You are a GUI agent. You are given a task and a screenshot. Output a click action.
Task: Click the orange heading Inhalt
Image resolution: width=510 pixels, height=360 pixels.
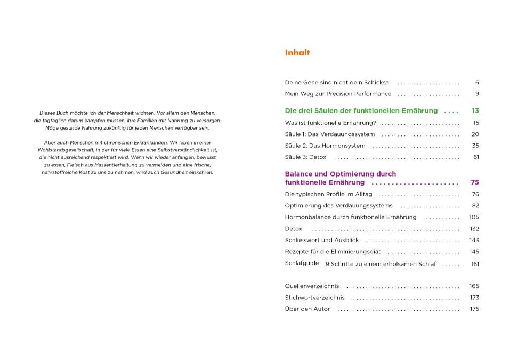click(297, 53)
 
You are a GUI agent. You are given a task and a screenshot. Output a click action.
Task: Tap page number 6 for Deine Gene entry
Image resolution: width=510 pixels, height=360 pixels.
click(477, 83)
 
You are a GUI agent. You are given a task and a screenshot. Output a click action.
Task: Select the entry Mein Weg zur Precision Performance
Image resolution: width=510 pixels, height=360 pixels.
click(338, 94)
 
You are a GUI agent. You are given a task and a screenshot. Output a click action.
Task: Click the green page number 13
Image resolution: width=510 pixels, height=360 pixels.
click(475, 111)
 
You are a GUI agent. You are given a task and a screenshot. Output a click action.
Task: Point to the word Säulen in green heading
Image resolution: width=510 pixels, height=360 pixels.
click(326, 111)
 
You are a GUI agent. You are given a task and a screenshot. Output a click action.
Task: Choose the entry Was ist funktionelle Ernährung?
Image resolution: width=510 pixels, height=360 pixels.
click(330, 123)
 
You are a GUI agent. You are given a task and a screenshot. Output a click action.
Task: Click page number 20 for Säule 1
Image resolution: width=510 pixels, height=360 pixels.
click(475, 134)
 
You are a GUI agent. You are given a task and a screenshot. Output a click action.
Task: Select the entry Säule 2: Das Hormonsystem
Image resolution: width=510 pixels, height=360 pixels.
click(325, 146)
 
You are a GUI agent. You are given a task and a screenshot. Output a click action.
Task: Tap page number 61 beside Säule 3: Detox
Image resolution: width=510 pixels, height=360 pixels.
click(475, 157)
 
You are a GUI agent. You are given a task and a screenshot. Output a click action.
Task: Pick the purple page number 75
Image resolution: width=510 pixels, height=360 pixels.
click(474, 182)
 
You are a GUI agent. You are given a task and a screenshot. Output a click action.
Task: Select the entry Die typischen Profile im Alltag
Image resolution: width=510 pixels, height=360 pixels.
click(328, 194)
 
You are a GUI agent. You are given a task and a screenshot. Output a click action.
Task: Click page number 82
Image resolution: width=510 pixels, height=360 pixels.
click(475, 206)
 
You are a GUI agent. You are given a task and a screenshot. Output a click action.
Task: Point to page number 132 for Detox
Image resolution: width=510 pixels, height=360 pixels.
click(474, 229)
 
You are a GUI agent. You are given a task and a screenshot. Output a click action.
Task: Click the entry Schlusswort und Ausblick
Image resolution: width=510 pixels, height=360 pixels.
click(321, 240)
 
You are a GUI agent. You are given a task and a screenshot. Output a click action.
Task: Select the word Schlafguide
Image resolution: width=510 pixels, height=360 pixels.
click(302, 263)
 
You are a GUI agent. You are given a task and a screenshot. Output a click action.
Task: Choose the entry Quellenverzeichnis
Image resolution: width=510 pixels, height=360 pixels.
click(311, 286)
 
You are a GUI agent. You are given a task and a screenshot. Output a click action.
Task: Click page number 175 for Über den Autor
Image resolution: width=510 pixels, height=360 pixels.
click(474, 309)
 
